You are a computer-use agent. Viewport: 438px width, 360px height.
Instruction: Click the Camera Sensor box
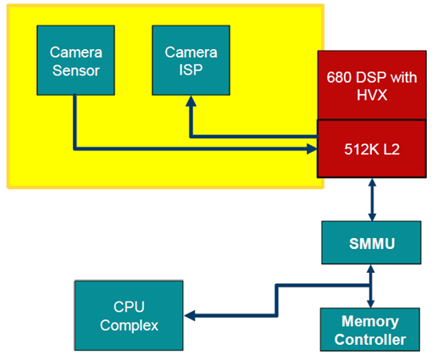tap(75, 60)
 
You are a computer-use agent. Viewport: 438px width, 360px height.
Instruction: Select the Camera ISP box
tap(191, 60)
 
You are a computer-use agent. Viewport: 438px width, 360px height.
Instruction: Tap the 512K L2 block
tap(372, 149)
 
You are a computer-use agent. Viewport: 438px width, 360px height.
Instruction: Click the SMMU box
tap(371, 243)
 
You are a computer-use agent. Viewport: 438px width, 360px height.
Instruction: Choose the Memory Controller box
tap(370, 330)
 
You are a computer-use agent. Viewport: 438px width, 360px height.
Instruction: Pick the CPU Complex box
tap(129, 316)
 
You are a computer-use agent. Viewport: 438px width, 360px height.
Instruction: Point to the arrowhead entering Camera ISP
tap(191, 101)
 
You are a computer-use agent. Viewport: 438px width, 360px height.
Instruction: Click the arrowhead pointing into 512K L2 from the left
tap(313, 149)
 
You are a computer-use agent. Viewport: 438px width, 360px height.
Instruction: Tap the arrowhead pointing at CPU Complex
tap(190, 316)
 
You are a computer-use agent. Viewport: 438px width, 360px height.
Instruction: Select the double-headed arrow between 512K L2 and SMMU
tap(372, 199)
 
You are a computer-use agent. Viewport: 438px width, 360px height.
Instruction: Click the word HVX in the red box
tap(372, 95)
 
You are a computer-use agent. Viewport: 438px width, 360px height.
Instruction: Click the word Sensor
tap(76, 70)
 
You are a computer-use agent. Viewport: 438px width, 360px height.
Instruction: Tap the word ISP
tap(191, 69)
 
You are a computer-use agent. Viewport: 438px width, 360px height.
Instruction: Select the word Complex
tap(129, 325)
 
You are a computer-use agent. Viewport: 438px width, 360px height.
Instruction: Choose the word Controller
tap(370, 340)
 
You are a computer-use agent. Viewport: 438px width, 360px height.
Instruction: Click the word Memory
tap(370, 321)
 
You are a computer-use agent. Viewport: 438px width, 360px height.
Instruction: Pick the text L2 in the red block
tap(391, 149)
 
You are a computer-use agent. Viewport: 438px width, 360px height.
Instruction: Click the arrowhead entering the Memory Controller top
tap(370, 303)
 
